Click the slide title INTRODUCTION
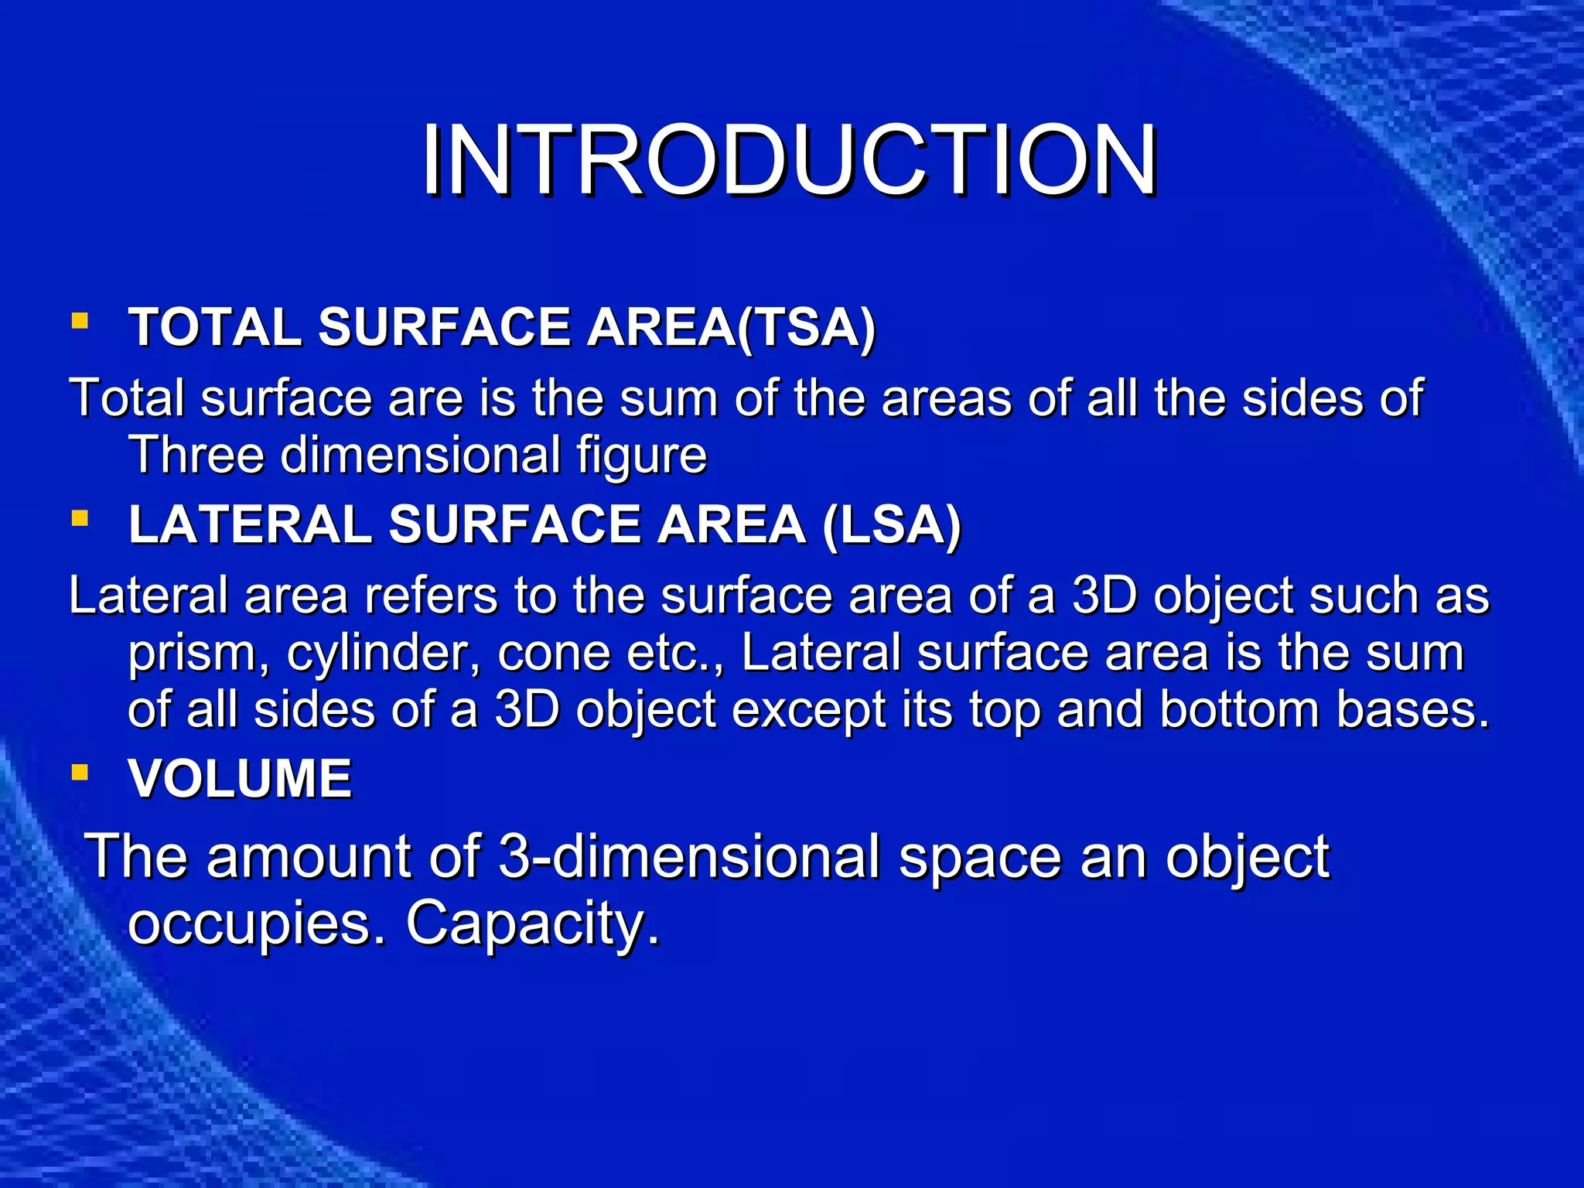pos(789,160)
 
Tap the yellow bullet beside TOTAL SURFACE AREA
pos(79,320)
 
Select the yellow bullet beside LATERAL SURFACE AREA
pos(79,517)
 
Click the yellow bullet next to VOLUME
pos(79,771)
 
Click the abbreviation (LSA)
pos(891,525)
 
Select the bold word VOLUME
pos(240,778)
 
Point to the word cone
pos(553,654)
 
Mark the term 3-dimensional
pos(689,857)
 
